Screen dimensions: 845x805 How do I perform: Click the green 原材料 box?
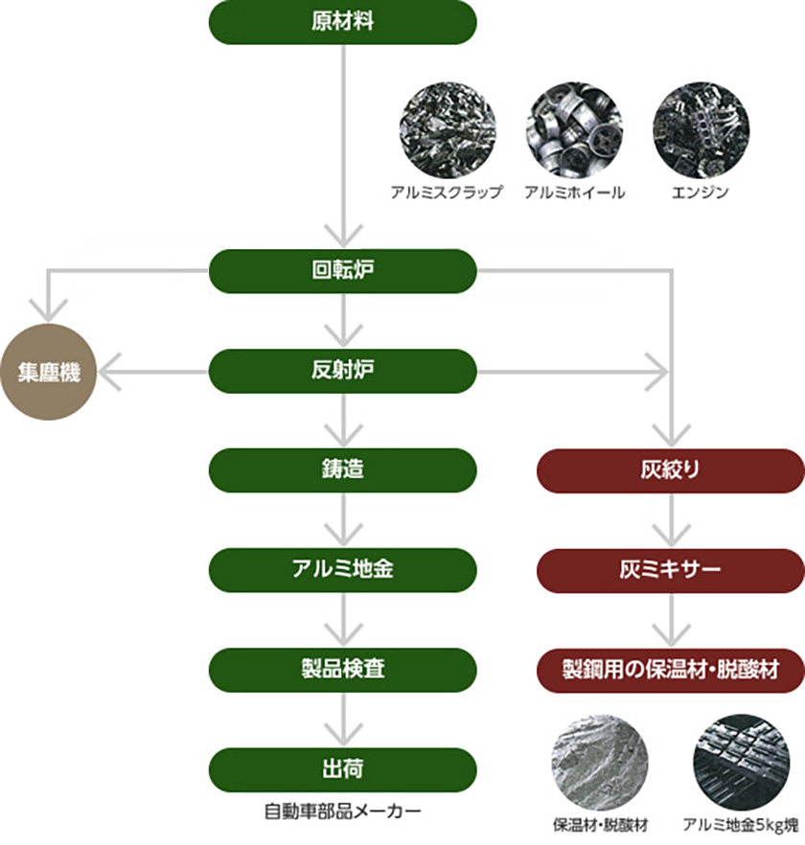click(x=342, y=22)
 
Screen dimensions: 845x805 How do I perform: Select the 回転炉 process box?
click(x=342, y=271)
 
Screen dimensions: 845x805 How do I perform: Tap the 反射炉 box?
click(x=342, y=371)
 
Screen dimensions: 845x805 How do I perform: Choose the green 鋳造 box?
click(x=342, y=470)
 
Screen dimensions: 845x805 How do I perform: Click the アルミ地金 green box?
click(x=342, y=569)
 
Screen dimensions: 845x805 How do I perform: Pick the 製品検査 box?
click(x=342, y=668)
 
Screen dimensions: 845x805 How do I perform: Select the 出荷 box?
click(x=342, y=767)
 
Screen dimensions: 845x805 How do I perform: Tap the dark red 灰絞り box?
click(x=670, y=470)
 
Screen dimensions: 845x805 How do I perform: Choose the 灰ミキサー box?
click(x=670, y=569)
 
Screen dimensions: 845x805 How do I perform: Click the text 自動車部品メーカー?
click(x=342, y=811)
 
